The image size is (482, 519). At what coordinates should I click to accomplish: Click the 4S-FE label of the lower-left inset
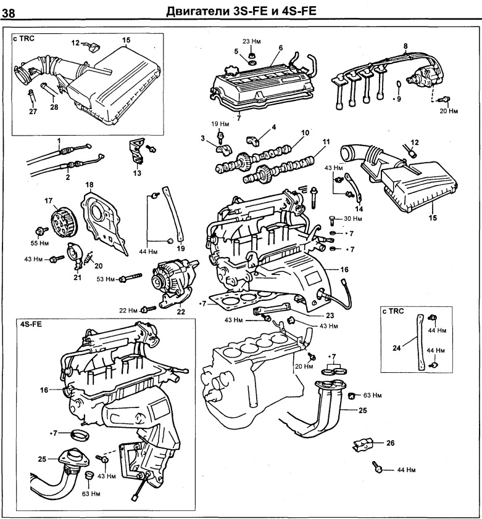pos(31,324)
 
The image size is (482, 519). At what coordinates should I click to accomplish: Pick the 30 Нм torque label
pos(353,219)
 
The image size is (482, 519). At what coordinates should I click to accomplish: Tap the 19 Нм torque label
pos(220,123)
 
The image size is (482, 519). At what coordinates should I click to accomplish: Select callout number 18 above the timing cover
pos(89,185)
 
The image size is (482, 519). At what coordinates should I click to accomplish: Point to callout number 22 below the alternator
pos(181,311)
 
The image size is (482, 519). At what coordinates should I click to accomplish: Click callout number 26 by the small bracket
pos(389,443)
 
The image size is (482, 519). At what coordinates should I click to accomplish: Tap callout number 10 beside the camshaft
pos(305,133)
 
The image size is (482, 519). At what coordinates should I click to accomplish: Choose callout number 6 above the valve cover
pos(280,47)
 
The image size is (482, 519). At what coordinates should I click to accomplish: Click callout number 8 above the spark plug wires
pos(405,46)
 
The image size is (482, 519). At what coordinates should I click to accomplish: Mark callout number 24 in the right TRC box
pos(396,348)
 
